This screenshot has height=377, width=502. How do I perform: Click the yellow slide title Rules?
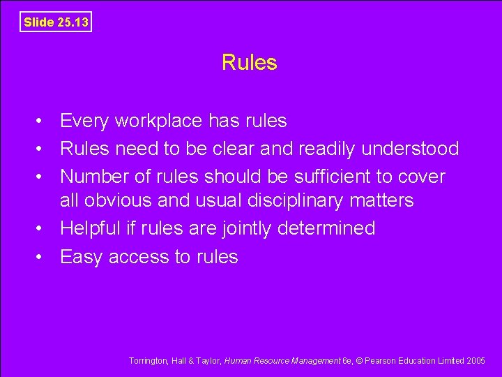click(249, 63)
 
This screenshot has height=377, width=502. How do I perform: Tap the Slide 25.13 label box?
click(56, 22)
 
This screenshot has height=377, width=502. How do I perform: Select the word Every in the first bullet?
click(84, 121)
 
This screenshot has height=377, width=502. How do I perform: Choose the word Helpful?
click(89, 228)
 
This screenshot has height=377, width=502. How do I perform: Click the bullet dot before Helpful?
click(42, 228)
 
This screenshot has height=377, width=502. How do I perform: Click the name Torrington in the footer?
click(148, 361)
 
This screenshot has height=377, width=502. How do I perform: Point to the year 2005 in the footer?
click(475, 361)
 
